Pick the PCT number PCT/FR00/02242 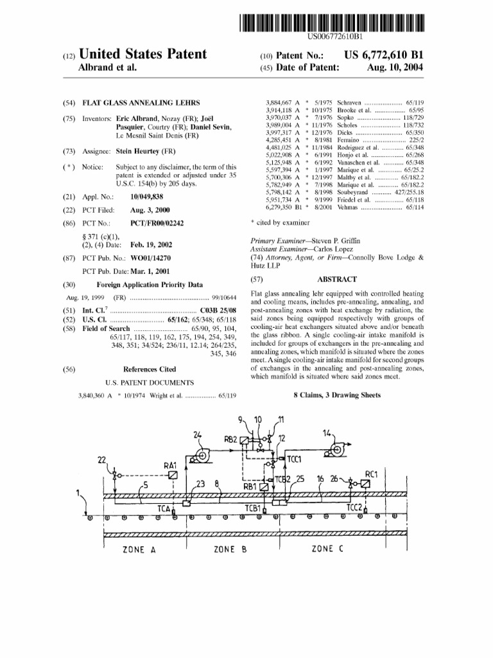(x=157, y=223)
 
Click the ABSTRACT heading (x=336, y=280)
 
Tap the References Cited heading (x=150, y=369)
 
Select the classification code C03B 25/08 (x=218, y=310)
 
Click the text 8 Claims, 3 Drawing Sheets (x=337, y=395)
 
